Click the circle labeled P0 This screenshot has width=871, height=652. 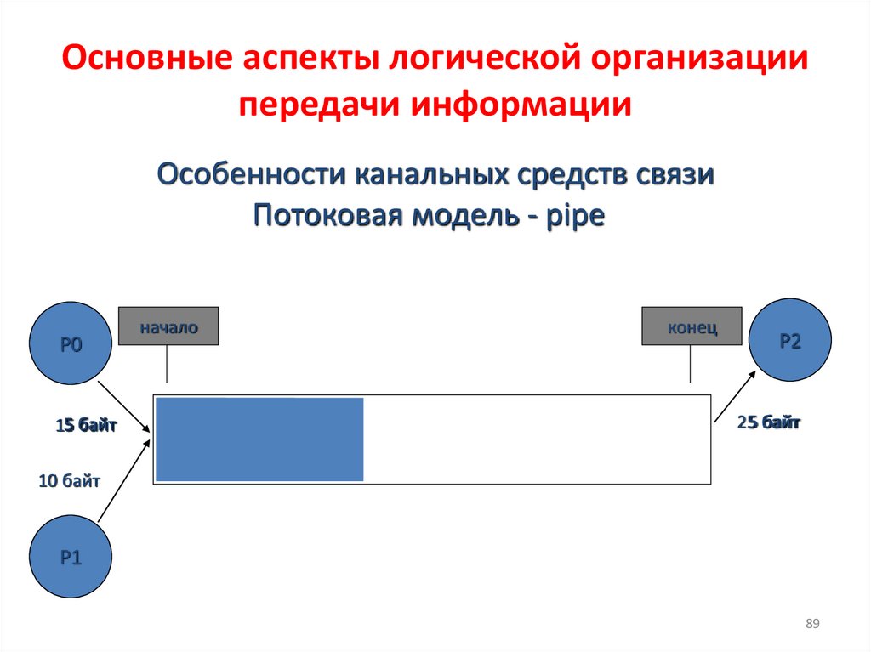(71, 343)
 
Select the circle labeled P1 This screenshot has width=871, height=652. (71, 557)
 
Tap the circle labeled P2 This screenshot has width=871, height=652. (790, 340)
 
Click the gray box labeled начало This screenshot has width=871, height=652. (168, 326)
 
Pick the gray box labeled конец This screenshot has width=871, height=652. (692, 326)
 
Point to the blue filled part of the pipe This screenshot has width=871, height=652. (259, 439)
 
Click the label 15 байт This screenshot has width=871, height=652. (86, 425)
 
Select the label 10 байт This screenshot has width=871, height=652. (70, 480)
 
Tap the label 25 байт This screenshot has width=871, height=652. (768, 422)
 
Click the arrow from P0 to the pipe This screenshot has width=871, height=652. (124, 406)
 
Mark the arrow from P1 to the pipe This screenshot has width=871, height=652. (124, 481)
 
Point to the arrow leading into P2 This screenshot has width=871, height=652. (735, 396)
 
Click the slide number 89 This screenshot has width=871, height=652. (812, 624)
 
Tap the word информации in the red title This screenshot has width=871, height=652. (521, 104)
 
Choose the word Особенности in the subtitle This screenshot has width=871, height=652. (252, 174)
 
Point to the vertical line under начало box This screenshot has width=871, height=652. (167, 364)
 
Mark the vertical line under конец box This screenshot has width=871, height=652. (690, 364)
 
